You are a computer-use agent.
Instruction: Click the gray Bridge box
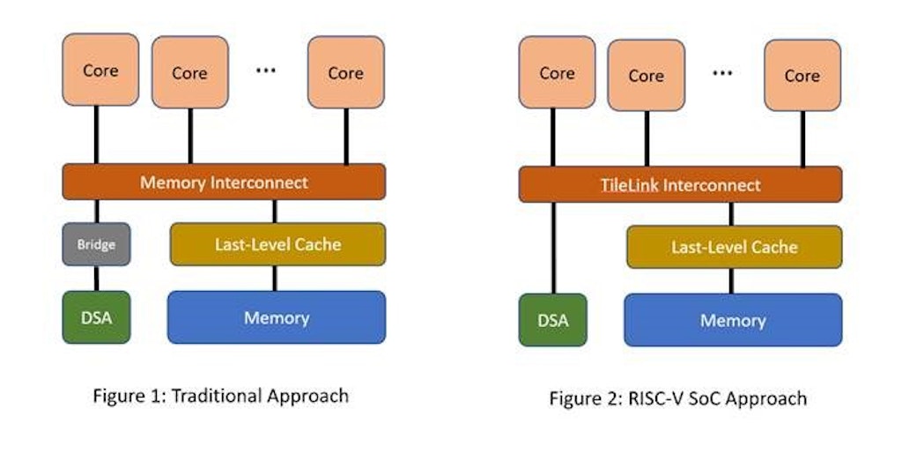[x=96, y=244]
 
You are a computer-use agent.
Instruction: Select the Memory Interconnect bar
[x=224, y=182]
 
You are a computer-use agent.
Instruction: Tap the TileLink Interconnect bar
[x=680, y=185]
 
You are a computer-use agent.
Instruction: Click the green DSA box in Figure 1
[x=96, y=317]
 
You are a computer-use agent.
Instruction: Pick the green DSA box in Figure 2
[x=553, y=320]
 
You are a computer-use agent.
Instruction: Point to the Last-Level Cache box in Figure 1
[x=277, y=244]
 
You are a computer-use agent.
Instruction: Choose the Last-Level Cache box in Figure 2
[x=734, y=247]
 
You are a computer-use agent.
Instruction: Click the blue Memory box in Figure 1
[x=277, y=317]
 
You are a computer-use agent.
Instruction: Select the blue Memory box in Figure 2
[x=733, y=320]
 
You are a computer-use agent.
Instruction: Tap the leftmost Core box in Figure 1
[x=100, y=71]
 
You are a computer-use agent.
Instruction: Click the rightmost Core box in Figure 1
[x=345, y=72]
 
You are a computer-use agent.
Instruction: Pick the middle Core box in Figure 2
[x=646, y=76]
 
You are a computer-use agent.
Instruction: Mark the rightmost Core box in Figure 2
[x=802, y=76]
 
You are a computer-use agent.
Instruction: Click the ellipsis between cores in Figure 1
[x=265, y=71]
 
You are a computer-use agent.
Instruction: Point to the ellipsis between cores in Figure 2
[x=722, y=73]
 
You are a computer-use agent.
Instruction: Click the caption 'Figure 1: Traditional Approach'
[x=220, y=395]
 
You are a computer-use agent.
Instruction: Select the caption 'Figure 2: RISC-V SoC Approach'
[x=677, y=398]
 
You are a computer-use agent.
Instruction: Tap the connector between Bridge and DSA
[x=96, y=278]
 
